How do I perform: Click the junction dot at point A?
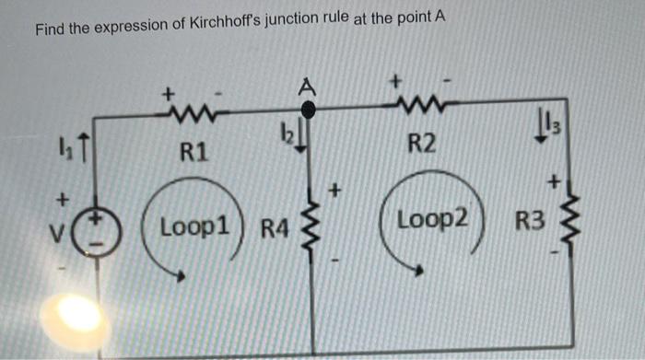[x=311, y=110]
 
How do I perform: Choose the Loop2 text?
[x=432, y=221]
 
